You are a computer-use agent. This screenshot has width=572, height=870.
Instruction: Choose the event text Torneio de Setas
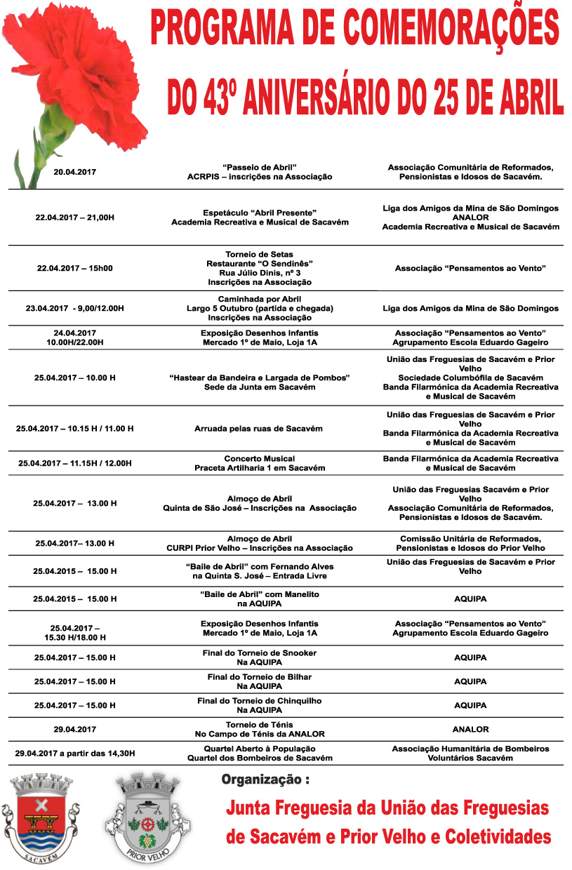[x=259, y=254]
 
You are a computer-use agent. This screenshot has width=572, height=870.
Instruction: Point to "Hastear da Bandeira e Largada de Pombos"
[x=259, y=377]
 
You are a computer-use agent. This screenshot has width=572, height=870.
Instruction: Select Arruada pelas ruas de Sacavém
[x=259, y=428]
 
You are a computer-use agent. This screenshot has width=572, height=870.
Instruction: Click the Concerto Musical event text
[x=259, y=458]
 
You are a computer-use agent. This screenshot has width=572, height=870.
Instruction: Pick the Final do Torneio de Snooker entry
[x=259, y=653]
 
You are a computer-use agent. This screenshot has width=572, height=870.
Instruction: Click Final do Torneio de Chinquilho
[x=259, y=700]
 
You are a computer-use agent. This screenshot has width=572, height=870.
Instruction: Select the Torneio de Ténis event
[x=259, y=724]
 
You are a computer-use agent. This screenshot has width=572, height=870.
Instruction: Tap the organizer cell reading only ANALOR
[x=470, y=729]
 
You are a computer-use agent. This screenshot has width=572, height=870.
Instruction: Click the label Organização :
[x=265, y=780]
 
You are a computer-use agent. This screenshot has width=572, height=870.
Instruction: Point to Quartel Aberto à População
[x=259, y=749]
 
